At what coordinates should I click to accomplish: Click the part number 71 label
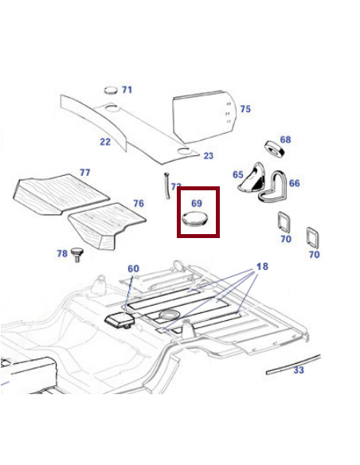click(127, 90)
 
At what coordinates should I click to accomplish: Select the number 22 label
click(105, 142)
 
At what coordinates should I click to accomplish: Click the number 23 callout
click(209, 156)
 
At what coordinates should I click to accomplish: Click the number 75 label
click(245, 109)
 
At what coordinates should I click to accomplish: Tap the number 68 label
click(285, 140)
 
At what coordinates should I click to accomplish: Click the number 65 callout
click(238, 174)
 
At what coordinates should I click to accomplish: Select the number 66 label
click(295, 183)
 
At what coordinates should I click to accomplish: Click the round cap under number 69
click(194, 219)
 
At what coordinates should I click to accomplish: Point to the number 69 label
click(197, 204)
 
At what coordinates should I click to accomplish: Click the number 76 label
click(139, 204)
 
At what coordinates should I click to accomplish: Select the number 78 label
click(61, 254)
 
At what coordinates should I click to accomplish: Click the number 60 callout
click(133, 268)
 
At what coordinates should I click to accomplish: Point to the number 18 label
click(263, 266)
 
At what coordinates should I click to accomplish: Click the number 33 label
click(299, 370)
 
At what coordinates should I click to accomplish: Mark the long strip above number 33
click(292, 363)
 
